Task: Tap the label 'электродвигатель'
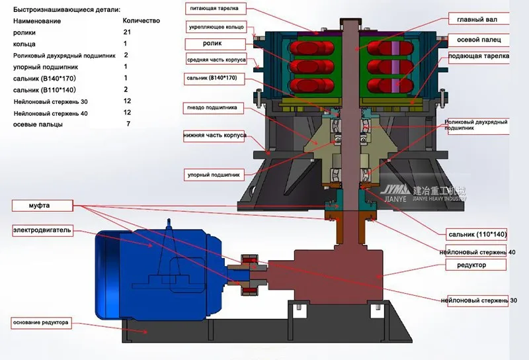click(42, 230)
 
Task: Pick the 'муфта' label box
click(42, 206)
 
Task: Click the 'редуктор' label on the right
click(475, 265)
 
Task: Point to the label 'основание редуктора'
click(42, 323)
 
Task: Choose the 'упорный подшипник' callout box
click(214, 175)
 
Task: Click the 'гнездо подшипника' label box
click(213, 108)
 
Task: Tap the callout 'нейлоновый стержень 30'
click(478, 300)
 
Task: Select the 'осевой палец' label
click(478, 40)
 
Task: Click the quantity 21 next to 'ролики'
click(127, 32)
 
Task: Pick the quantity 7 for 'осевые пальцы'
click(128, 124)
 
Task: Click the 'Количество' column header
click(142, 21)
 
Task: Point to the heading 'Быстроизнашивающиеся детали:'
click(67, 9)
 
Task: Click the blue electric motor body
click(159, 273)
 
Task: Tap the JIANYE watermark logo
click(424, 193)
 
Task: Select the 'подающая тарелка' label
click(478, 56)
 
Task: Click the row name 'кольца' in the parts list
click(24, 44)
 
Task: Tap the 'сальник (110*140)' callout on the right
click(477, 234)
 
